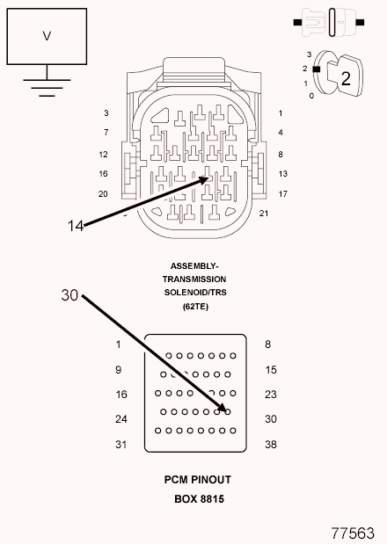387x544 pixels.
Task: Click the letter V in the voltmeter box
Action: pyautogui.click(x=47, y=36)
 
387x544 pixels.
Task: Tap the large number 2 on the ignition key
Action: pyautogui.click(x=346, y=78)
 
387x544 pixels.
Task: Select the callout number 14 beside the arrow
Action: pyautogui.click(x=76, y=226)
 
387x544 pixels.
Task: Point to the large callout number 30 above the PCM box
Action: pyautogui.click(x=69, y=295)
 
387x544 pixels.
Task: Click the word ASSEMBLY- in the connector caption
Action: pyautogui.click(x=194, y=266)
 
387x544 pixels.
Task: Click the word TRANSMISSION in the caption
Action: pyautogui.click(x=194, y=279)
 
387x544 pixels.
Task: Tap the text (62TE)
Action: pyautogui.click(x=195, y=307)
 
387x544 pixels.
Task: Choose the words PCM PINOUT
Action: pyautogui.click(x=198, y=480)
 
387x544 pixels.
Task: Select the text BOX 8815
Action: pyautogui.click(x=200, y=499)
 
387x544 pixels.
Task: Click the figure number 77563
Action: pyautogui.click(x=353, y=533)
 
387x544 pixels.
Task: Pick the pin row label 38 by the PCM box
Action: pyautogui.click(x=271, y=445)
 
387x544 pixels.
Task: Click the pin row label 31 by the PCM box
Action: pyautogui.click(x=121, y=445)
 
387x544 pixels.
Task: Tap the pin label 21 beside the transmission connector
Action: pyautogui.click(x=264, y=214)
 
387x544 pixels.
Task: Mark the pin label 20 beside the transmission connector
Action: pyautogui.click(x=103, y=194)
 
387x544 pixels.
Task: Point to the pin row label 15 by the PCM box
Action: pyautogui.click(x=271, y=370)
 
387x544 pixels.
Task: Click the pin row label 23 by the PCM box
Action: pyautogui.click(x=271, y=395)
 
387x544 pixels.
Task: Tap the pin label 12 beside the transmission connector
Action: pyautogui.click(x=103, y=155)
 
